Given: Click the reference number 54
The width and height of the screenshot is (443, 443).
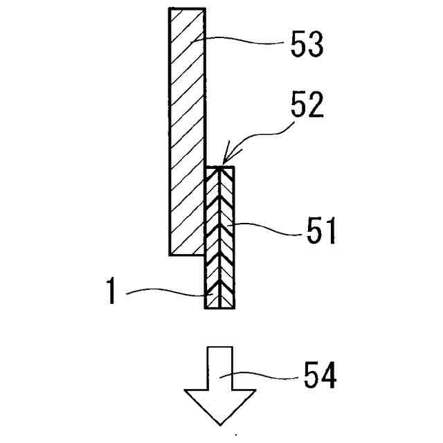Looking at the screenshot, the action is (x=320, y=377).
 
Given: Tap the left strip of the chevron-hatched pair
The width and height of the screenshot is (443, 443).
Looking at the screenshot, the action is (x=213, y=235).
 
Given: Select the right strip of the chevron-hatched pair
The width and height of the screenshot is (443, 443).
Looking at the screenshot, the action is (x=227, y=235).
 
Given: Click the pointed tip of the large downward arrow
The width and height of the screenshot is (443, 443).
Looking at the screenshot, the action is (x=219, y=423).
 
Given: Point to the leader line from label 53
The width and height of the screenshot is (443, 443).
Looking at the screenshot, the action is (x=242, y=43).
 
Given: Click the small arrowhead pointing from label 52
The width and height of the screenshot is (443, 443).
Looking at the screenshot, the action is (x=224, y=163).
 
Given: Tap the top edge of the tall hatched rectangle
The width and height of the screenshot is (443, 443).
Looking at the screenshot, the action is (x=187, y=8).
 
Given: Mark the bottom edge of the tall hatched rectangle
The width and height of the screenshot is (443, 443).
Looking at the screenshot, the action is (x=187, y=255).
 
